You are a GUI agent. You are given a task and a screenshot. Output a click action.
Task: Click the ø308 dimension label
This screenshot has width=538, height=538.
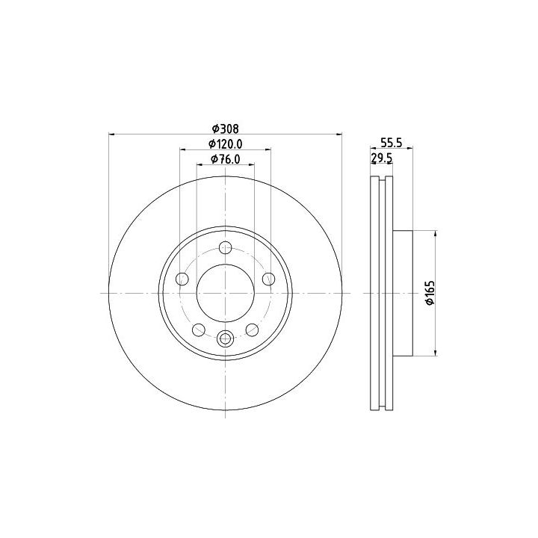click(225, 129)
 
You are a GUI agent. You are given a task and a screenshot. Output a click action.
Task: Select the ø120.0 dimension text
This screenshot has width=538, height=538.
click(226, 144)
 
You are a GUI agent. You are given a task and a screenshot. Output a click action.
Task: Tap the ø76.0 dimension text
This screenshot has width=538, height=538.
click(225, 159)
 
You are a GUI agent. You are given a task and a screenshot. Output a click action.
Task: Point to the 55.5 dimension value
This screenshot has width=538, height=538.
click(391, 142)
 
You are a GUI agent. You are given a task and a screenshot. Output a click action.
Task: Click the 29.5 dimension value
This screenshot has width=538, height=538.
click(381, 158)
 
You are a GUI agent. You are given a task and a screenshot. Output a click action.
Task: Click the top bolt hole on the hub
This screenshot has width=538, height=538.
click(226, 247)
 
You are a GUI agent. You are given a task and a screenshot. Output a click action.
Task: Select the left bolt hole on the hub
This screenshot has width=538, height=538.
click(182, 279)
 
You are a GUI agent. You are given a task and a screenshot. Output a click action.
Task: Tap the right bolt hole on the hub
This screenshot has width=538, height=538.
click(268, 279)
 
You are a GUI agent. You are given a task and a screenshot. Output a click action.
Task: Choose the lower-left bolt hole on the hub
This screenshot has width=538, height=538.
click(199, 330)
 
